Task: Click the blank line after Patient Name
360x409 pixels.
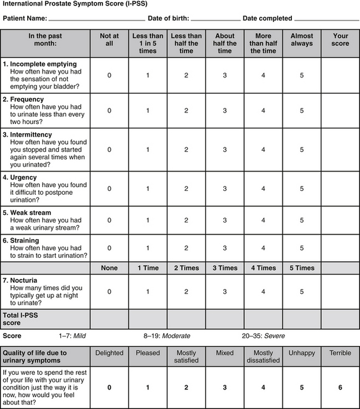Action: (97, 19)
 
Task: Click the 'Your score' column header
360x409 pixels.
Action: (341, 40)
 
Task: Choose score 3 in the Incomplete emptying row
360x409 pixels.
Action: (225, 75)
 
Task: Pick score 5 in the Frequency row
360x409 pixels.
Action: (302, 111)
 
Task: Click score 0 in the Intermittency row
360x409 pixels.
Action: (109, 149)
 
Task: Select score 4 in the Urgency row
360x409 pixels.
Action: (264, 189)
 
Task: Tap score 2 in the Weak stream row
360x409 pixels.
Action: (186, 220)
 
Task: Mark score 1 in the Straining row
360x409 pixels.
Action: (147, 248)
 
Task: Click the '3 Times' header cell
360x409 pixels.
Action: (225, 268)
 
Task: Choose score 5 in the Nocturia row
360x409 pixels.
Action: (302, 292)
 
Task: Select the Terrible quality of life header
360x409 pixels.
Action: (340, 353)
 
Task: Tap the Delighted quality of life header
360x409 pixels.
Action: (109, 353)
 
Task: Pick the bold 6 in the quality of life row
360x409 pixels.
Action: (340, 387)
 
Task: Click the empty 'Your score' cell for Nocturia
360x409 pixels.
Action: (340, 292)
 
